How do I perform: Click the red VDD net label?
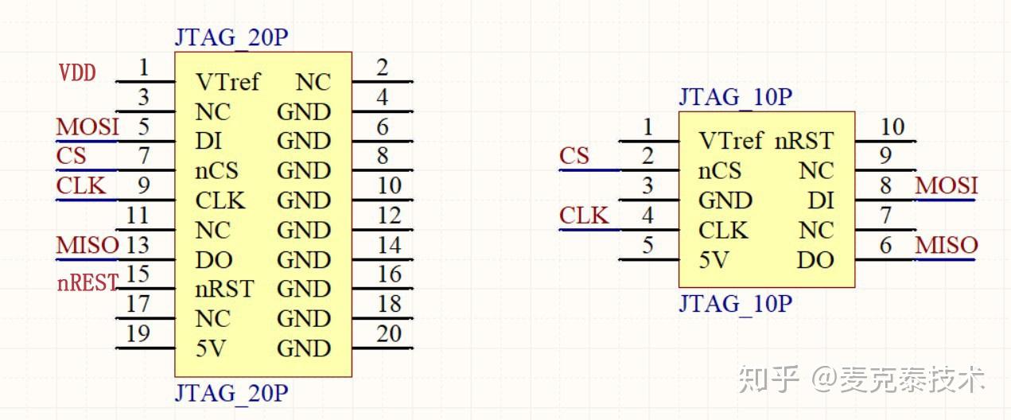coord(77,73)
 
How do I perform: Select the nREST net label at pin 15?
coord(87,282)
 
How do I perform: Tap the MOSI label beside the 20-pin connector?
coord(87,127)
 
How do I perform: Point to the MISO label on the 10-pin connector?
coord(946,245)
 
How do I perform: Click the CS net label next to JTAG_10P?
coord(574,156)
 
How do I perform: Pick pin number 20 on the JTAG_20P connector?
coord(389,334)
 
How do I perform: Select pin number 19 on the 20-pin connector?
coord(138,334)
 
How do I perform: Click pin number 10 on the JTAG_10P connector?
coord(892,126)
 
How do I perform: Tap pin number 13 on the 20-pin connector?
coord(138,245)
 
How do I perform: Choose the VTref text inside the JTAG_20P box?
coord(227,82)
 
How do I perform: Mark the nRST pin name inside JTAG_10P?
coord(804,141)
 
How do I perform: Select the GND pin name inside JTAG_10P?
coord(725,200)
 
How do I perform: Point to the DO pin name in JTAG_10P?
coord(815,260)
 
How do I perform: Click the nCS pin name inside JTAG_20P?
coord(217,171)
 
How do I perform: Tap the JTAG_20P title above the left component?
coord(231,38)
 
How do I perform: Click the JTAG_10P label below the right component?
coord(735,304)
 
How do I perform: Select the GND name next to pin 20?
coord(303,348)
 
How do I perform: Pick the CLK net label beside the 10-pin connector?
coord(584,216)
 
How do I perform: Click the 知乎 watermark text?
coord(768,379)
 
